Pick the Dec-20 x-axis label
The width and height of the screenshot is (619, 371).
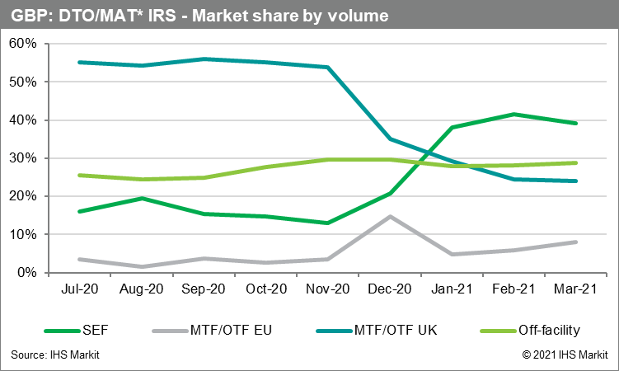point(390,290)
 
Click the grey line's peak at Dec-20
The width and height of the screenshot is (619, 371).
point(390,217)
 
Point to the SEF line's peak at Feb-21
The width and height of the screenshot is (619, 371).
point(514,115)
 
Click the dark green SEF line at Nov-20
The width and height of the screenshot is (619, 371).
point(327,223)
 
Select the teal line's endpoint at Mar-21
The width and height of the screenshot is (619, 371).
point(576,181)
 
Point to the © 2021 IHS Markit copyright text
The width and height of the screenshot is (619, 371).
point(564,355)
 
